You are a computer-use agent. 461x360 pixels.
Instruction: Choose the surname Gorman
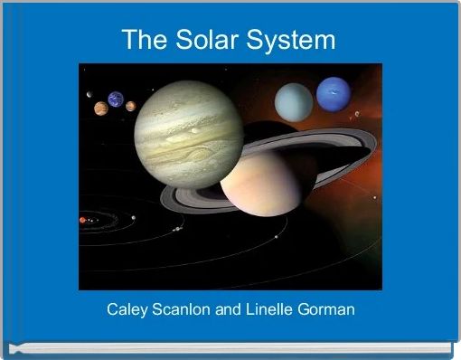pyautogui.click(x=330, y=309)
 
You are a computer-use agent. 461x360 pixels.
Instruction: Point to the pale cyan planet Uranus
pyautogui.click(x=294, y=100)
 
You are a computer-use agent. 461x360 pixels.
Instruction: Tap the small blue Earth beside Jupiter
pyautogui.click(x=116, y=99)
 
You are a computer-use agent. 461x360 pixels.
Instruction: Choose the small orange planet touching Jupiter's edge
pyautogui.click(x=131, y=106)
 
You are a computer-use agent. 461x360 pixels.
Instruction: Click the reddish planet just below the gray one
pyautogui.click(x=99, y=109)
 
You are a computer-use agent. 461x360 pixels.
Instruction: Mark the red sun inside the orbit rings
pyautogui.click(x=82, y=220)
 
